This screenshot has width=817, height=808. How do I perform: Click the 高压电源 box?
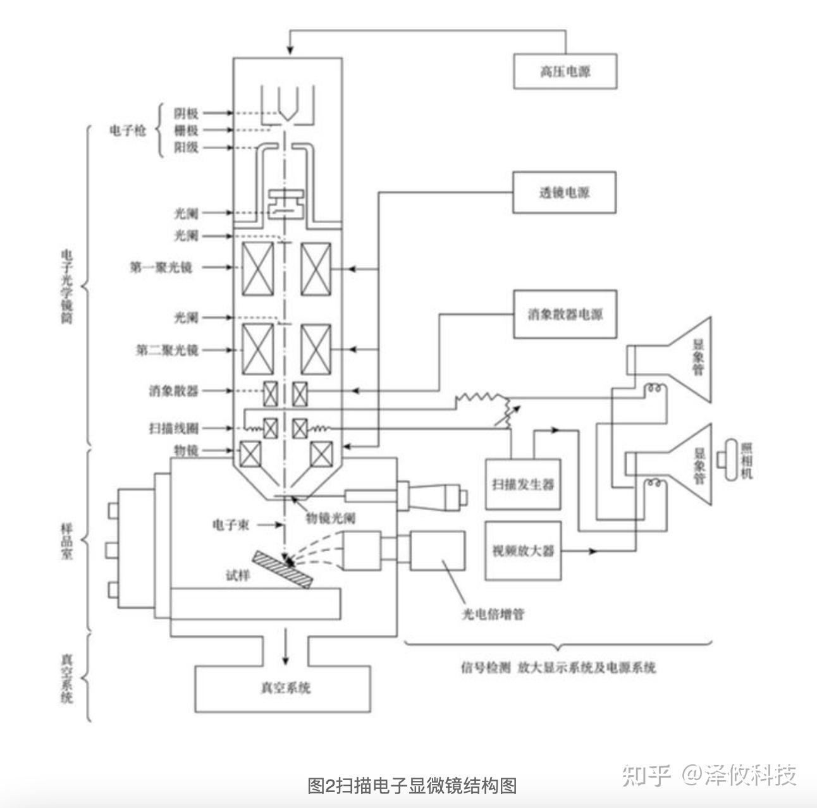[564, 71]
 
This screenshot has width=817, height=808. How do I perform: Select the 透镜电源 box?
[564, 192]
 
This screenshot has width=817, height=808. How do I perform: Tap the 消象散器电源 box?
[564, 314]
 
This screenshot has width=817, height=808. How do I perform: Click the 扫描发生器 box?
[523, 484]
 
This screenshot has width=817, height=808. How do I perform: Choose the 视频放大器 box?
[523, 551]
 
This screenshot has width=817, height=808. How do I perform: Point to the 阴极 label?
[187, 113]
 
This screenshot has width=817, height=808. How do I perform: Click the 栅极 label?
[187, 130]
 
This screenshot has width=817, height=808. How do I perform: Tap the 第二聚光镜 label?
[167, 350]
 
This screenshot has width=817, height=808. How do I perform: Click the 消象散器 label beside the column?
[174, 391]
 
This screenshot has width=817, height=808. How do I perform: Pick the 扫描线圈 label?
[174, 429]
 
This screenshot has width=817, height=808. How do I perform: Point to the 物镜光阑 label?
[331, 518]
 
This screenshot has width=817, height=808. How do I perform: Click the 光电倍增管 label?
[493, 614]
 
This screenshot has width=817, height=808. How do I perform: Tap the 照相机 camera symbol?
[732, 460]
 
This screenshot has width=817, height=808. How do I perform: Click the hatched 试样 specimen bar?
[282, 570]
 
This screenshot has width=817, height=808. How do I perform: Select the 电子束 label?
[231, 525]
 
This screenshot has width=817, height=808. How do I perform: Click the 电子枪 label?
[128, 130]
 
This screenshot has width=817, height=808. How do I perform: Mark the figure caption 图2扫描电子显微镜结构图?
[412, 785]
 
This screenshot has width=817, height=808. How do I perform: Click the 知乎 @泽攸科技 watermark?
[709, 774]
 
